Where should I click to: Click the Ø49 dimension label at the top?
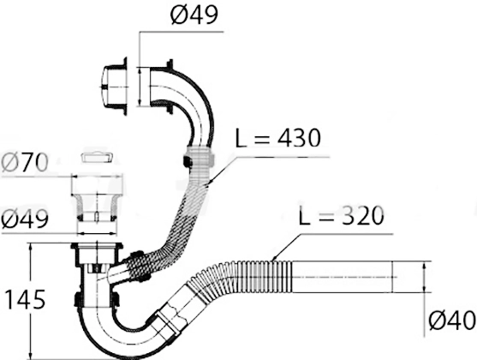(x=194, y=15)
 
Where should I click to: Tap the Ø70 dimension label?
(x=25, y=162)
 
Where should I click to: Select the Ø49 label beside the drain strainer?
(x=25, y=219)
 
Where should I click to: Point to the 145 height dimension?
(x=26, y=300)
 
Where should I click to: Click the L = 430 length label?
(x=278, y=138)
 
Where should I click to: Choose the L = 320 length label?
(x=342, y=216)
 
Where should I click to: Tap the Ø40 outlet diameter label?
(x=452, y=321)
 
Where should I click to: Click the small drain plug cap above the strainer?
(x=97, y=158)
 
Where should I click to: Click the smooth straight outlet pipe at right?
(x=342, y=277)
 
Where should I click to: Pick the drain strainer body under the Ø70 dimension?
(x=97, y=198)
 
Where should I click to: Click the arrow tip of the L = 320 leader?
(x=272, y=261)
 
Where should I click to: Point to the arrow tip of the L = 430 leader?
(x=207, y=184)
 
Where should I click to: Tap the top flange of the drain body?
(x=97, y=246)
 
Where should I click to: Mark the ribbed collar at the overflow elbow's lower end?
(x=199, y=155)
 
